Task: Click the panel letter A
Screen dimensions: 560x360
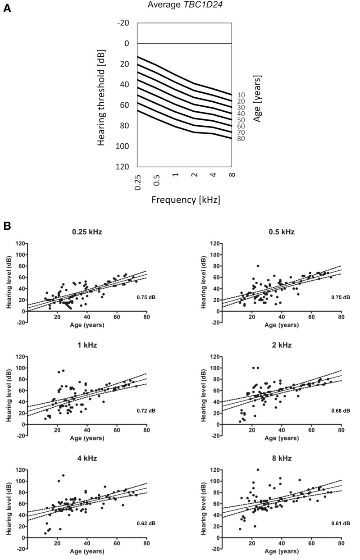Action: tap(7, 8)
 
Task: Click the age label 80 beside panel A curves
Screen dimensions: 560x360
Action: tap(241, 139)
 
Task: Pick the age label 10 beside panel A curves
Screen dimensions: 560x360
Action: tap(241, 95)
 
